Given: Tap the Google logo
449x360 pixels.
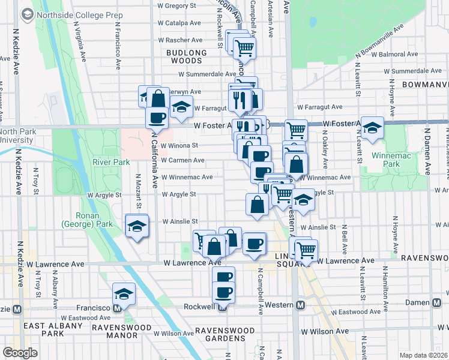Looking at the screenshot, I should coord(20,353).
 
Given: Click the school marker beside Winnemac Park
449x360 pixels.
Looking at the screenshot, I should coord(372,128).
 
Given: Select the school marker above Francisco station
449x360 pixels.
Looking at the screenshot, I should coord(124,294).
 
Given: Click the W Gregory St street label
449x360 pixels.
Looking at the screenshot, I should coord(177,5).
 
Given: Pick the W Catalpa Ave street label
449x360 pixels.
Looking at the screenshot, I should coord(179,23).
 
